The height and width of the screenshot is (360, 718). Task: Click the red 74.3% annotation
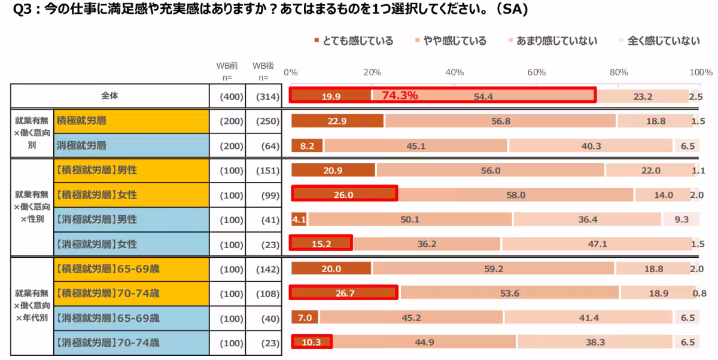pyautogui.click(x=400, y=95)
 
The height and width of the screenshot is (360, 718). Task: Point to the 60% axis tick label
pyautogui.click(x=536, y=72)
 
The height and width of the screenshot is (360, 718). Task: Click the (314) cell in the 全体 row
pyautogui.click(x=267, y=96)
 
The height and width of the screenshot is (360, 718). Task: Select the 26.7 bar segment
pyautogui.click(x=344, y=293)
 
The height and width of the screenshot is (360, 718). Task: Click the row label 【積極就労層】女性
pyautogui.click(x=97, y=195)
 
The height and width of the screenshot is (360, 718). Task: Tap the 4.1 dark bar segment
pyautogui.click(x=299, y=219)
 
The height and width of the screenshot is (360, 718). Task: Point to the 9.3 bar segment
pyautogui.click(x=681, y=219)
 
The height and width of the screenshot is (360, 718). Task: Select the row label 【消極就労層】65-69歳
pyautogui.click(x=107, y=318)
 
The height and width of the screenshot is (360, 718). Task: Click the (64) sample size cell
pyautogui.click(x=267, y=145)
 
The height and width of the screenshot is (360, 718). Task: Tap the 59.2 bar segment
pyautogui.click(x=493, y=269)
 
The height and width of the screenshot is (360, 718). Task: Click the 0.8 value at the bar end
pyautogui.click(x=699, y=293)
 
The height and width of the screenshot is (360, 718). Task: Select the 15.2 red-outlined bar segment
pyautogui.click(x=322, y=244)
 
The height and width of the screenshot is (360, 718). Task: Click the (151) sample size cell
pyautogui.click(x=267, y=170)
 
